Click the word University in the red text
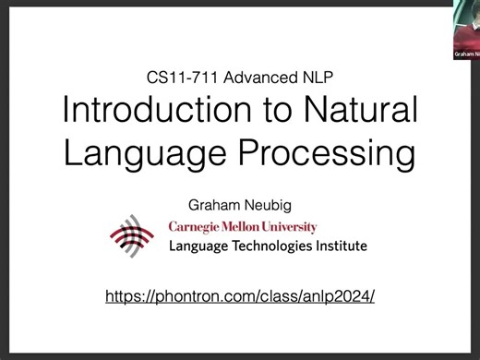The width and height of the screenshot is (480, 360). click(x=291, y=227)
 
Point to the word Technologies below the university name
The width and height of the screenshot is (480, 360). click(x=273, y=246)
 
